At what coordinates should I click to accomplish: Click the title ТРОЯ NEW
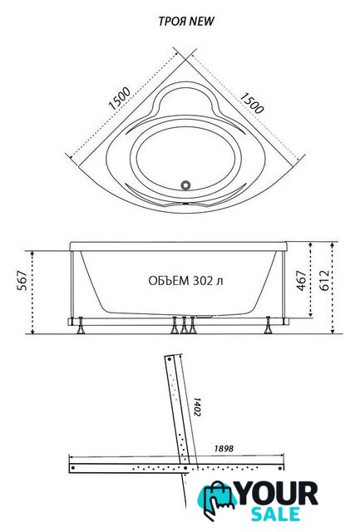[186, 22]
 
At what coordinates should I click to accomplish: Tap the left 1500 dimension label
[120, 98]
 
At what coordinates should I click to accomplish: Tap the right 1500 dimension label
[252, 103]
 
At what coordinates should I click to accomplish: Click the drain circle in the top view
[185, 185]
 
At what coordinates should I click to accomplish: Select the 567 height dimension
[22, 280]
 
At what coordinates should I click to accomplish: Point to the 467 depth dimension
[301, 280]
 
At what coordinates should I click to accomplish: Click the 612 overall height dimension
[324, 280]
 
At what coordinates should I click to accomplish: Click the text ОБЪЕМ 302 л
[185, 281]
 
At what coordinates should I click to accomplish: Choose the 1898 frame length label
[224, 449]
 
